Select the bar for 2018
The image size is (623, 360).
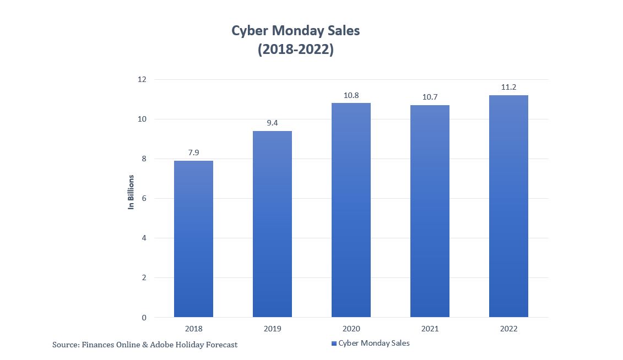point(193,238)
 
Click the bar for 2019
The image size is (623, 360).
point(272,223)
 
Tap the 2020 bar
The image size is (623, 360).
point(351,210)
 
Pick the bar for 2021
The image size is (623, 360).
point(430,211)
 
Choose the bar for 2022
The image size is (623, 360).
point(508,206)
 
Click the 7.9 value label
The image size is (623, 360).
point(193,152)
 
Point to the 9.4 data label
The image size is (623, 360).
point(272,123)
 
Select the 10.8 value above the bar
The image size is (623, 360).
point(351,95)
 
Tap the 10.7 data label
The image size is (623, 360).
point(430,97)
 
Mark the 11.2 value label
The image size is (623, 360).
point(508,87)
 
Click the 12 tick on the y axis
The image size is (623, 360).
point(142,79)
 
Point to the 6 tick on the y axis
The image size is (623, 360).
point(144,198)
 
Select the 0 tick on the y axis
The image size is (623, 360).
point(144,318)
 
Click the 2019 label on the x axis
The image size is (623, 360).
point(272,329)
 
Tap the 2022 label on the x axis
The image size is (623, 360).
point(508,329)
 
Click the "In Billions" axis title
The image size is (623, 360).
point(131,192)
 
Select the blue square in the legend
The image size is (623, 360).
point(334,343)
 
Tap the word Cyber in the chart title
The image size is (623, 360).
point(249,31)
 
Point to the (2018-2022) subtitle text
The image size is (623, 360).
point(295,50)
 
